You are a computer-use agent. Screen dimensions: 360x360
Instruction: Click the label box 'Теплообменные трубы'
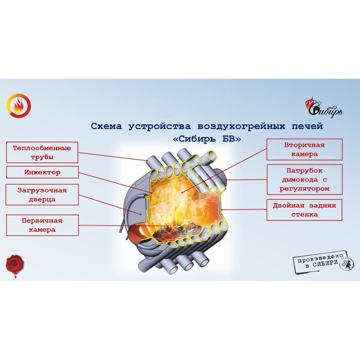tap(42, 152)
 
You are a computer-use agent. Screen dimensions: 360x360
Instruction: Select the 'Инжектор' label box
tap(42, 172)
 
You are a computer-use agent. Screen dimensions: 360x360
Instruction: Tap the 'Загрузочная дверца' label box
tap(42, 195)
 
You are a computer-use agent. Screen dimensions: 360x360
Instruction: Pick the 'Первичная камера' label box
tap(42, 225)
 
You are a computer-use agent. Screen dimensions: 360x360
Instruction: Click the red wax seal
tap(14, 264)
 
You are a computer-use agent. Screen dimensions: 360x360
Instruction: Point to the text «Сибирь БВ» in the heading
tap(207, 139)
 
